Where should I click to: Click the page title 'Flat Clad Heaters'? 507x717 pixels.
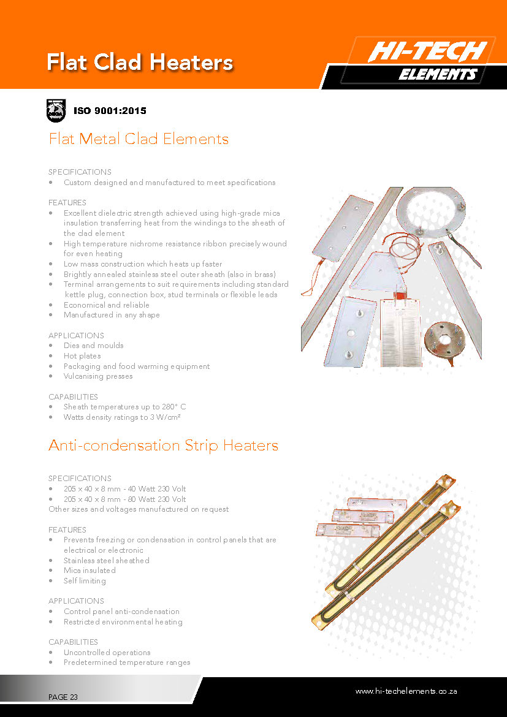point(140,63)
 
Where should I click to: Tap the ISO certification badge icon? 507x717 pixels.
point(56,111)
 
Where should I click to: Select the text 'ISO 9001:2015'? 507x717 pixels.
point(110,111)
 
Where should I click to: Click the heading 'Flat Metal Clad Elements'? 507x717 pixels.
point(139,139)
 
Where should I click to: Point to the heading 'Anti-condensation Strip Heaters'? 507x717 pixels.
point(163,446)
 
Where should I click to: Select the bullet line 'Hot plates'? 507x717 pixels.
point(82,356)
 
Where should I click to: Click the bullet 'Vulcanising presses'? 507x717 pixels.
point(98,376)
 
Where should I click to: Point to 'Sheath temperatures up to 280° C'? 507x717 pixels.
point(124,407)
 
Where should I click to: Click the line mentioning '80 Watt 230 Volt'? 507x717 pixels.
point(124,499)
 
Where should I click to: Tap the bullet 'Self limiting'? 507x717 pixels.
point(85,581)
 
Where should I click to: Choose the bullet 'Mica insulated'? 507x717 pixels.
point(90,571)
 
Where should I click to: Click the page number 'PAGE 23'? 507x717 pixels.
point(63,697)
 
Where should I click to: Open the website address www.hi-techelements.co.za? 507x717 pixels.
point(406,691)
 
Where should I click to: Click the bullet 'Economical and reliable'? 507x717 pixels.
point(107,305)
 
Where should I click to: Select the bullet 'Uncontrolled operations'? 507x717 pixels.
point(107,653)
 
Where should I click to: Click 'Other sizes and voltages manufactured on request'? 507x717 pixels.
point(139,509)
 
